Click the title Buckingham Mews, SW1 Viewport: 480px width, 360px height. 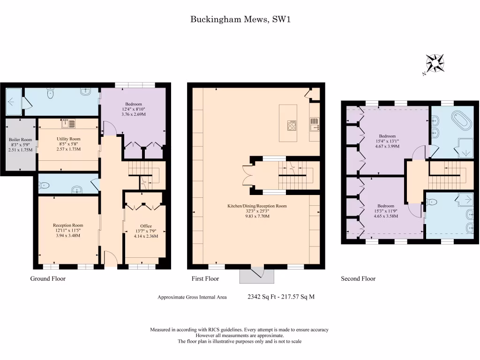(x=240, y=19)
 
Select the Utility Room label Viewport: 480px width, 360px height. (x=68, y=139)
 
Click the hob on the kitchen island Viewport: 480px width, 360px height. (x=292, y=125)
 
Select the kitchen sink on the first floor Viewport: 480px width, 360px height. (x=314, y=125)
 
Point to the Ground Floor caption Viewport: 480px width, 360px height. (x=48, y=278)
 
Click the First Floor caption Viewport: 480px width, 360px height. (x=205, y=278)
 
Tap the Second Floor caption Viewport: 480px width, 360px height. (x=358, y=278)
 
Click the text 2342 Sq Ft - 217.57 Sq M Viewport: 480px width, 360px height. (x=281, y=297)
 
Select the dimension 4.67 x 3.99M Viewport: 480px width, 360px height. (x=387, y=146)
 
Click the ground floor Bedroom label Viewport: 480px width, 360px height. (x=133, y=104)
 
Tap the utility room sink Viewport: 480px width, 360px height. (x=66, y=124)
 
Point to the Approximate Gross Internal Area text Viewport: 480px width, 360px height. (x=192, y=297)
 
